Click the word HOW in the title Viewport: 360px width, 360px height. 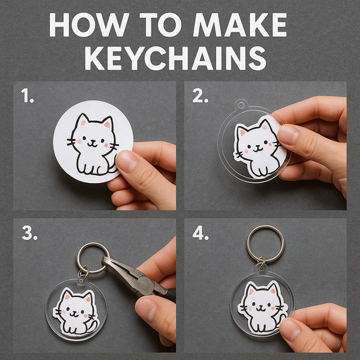[x=88, y=26]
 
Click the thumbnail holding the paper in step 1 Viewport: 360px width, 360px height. [x=126, y=161]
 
